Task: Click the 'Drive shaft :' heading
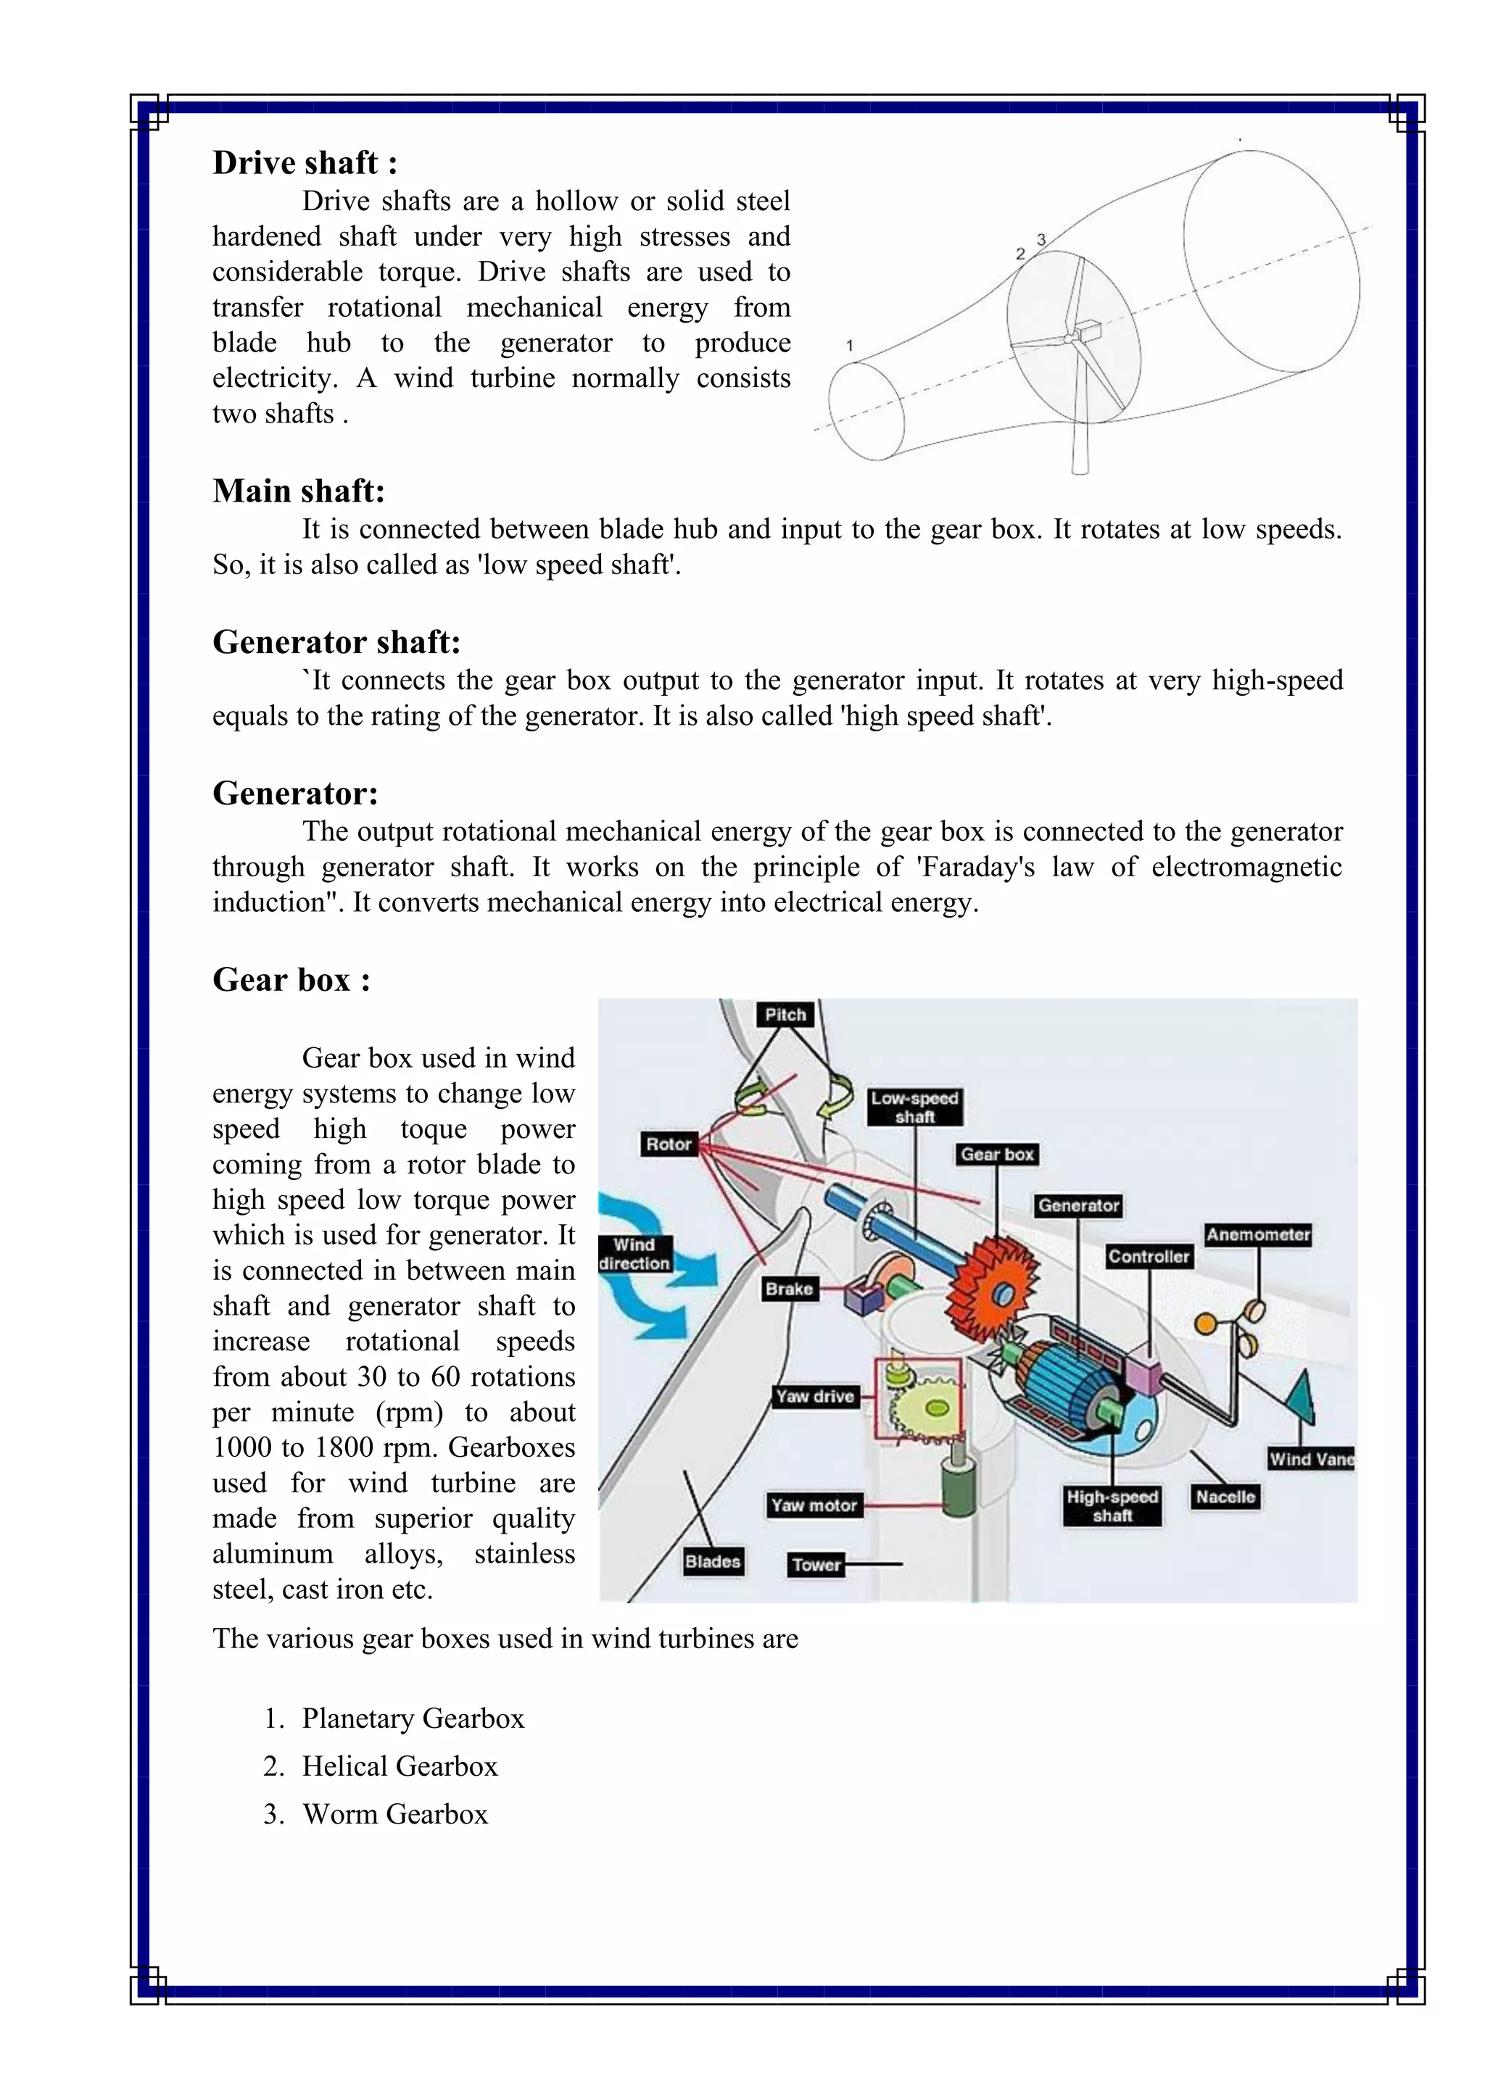point(305,163)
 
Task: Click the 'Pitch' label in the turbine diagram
point(785,1014)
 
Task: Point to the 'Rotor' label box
point(669,1144)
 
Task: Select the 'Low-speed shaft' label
point(914,1107)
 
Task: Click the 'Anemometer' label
point(1258,1235)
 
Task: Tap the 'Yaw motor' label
point(814,1505)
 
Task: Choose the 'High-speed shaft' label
point(1112,1505)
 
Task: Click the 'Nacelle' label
point(1225,1497)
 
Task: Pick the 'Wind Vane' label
point(1311,1459)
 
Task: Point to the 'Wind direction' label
point(634,1255)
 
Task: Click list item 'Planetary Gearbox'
point(413,1718)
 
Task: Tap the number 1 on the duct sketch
point(850,346)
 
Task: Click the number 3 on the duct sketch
point(1041,239)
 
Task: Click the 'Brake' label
point(788,1289)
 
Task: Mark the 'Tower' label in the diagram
point(816,1564)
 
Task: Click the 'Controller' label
point(1149,1257)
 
